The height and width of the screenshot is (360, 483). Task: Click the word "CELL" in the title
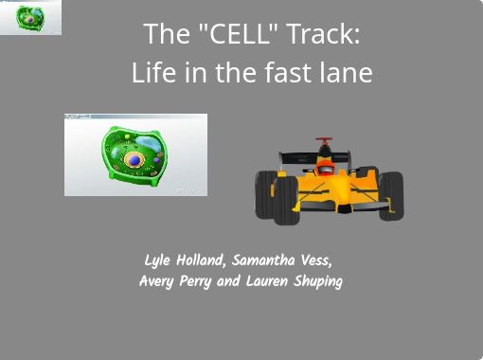pyautogui.click(x=229, y=35)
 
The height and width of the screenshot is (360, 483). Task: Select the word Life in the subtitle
pyautogui.click(x=152, y=72)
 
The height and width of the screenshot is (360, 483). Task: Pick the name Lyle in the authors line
pyautogui.click(x=158, y=261)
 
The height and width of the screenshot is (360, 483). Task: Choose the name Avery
pyautogui.click(x=156, y=281)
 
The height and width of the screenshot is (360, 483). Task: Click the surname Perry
pyautogui.click(x=197, y=281)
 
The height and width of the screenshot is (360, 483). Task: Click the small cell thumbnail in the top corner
pyautogui.click(x=30, y=17)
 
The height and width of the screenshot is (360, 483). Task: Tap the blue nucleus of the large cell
pyautogui.click(x=135, y=160)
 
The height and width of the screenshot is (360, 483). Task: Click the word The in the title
pyautogui.click(x=161, y=35)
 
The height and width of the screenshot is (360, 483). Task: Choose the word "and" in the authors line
pyautogui.click(x=228, y=281)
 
